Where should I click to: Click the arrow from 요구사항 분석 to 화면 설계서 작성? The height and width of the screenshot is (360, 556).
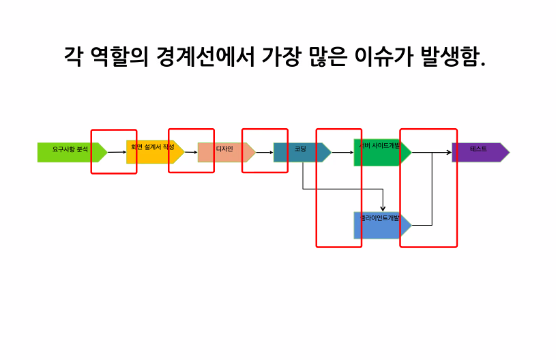[117, 152]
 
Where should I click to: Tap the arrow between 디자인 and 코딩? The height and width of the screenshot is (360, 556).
[264, 152]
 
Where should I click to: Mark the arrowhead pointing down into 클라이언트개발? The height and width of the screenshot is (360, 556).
[383, 208]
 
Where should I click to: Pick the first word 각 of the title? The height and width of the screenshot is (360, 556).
[73, 55]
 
